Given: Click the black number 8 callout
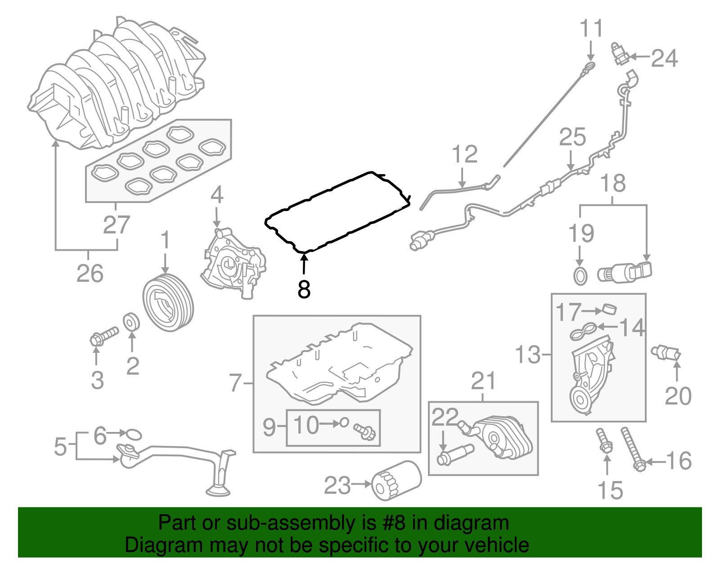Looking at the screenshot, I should point(304,289).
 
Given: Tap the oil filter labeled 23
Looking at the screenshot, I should point(396,481).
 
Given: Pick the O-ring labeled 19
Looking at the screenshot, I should point(580,276).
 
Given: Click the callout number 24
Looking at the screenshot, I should point(665,58).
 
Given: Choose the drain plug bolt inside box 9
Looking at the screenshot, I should point(364,431).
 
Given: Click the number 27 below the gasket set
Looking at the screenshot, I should point(116,225).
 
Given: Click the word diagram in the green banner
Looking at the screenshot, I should point(481,523).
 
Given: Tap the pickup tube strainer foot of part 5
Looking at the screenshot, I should point(219,490).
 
